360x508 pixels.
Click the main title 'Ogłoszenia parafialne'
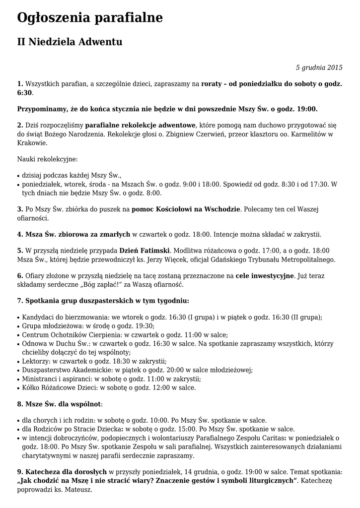[90, 18]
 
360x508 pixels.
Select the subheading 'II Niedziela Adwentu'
[70, 42]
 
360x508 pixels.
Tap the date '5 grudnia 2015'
[319, 67]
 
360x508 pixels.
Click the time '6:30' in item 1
[24, 93]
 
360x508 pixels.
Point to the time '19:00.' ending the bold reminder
[307, 109]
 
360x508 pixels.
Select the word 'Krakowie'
[33, 143]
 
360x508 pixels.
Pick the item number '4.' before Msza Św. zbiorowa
[20, 234]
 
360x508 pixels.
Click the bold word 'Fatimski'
[155, 251]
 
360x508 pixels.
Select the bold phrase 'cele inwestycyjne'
[265, 276]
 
